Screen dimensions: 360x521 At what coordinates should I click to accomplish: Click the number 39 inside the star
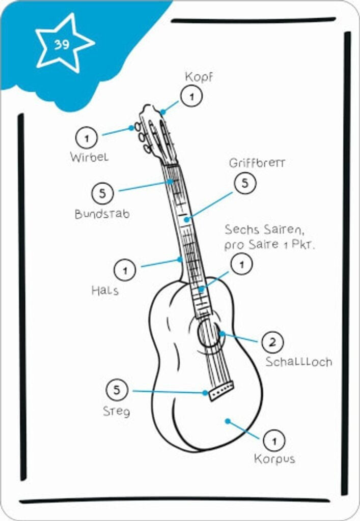[x=62, y=44]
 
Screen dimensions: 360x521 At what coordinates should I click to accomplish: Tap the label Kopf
[x=199, y=77]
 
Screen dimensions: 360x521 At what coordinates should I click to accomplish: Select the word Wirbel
[x=89, y=157]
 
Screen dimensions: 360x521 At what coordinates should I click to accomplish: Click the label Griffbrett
[x=257, y=163]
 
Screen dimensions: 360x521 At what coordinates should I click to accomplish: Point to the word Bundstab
[x=102, y=214]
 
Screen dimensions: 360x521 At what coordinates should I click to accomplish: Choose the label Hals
[x=105, y=291]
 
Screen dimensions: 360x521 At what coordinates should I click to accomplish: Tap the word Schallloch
[x=298, y=362]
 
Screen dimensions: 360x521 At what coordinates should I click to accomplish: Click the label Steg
[x=116, y=411]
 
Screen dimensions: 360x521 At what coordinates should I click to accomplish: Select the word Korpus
[x=274, y=459]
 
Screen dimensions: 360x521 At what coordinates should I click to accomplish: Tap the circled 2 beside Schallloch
[x=273, y=342]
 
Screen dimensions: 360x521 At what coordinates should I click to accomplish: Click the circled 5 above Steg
[x=117, y=390]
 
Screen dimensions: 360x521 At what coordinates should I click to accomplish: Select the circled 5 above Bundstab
[x=103, y=193]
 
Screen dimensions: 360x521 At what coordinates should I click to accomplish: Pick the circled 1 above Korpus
[x=274, y=440]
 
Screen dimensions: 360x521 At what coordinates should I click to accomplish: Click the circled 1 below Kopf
[x=191, y=96]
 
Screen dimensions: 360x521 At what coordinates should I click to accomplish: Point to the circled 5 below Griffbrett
[x=245, y=183]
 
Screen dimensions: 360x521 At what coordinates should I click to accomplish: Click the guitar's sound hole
[x=209, y=334]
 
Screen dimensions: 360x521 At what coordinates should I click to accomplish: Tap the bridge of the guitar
[x=220, y=390]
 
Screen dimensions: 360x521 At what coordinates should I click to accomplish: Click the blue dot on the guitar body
[x=228, y=421]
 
